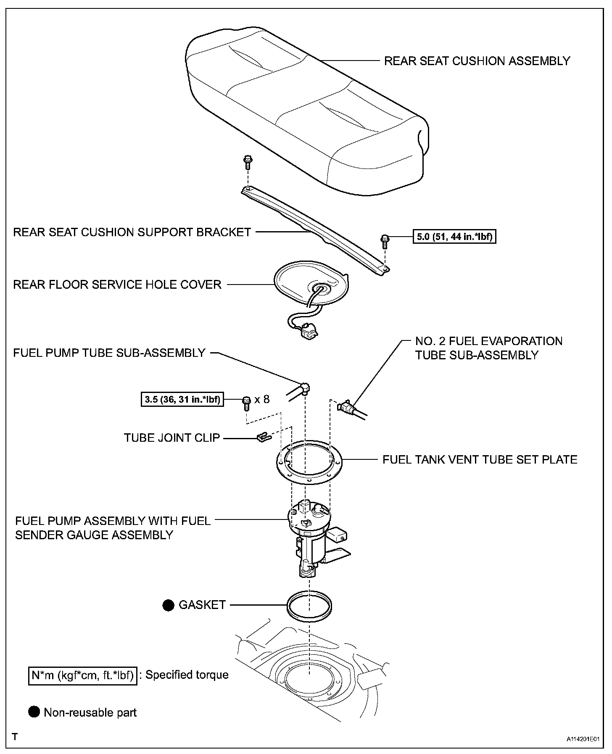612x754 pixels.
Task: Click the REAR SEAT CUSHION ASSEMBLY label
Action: click(477, 61)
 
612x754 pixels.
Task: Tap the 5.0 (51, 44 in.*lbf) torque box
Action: click(454, 237)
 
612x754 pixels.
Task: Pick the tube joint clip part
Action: click(263, 437)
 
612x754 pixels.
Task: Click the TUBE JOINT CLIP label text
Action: click(172, 438)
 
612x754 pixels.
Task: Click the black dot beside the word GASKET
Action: click(169, 605)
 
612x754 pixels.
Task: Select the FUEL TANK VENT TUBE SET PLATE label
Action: click(480, 459)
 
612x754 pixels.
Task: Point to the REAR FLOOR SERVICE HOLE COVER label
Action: click(117, 285)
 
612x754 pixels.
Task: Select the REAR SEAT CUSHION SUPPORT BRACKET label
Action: click(132, 232)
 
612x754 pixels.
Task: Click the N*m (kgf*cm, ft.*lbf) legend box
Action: click(83, 675)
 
